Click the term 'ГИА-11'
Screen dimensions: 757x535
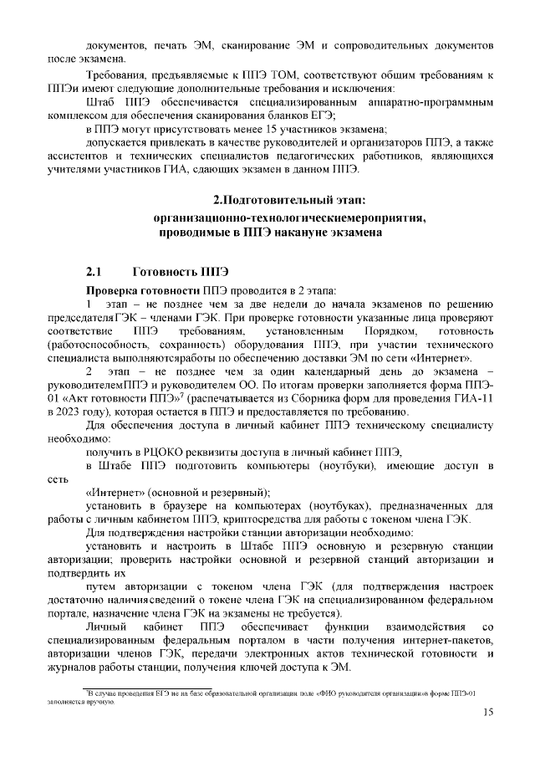pos(476,400)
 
